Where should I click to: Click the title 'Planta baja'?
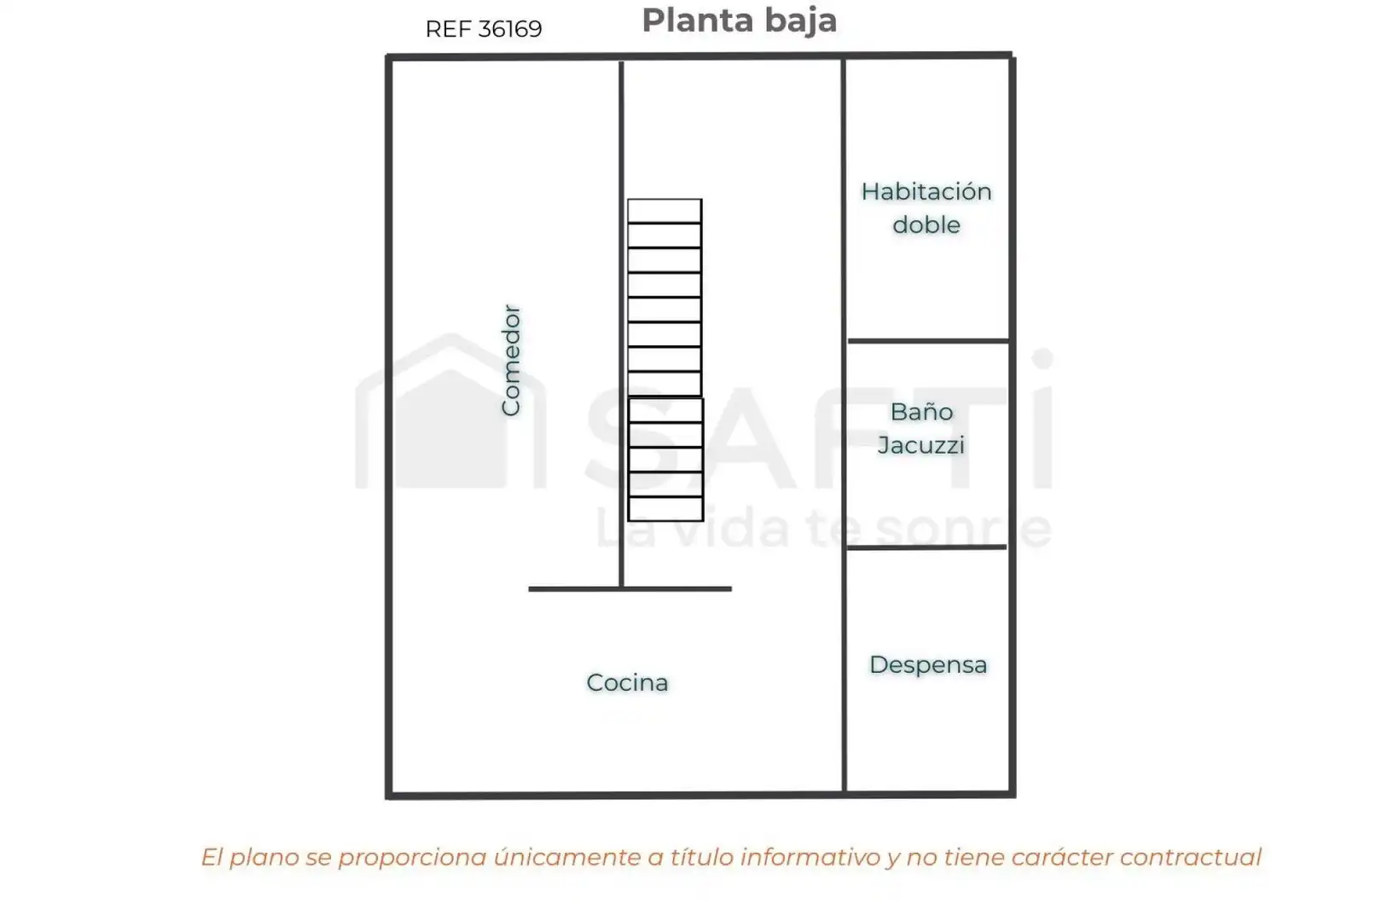click(739, 21)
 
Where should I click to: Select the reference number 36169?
click(510, 29)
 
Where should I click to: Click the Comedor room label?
click(511, 360)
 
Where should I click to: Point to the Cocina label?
click(627, 683)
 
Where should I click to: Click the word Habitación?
click(926, 192)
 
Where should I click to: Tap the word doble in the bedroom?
click(926, 224)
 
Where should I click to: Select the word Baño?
click(921, 411)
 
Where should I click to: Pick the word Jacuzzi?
click(921, 445)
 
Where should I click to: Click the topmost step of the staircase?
click(665, 211)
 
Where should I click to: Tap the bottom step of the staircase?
click(665, 509)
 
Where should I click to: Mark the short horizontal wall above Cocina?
click(630, 589)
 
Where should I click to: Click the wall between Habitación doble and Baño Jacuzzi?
click(928, 340)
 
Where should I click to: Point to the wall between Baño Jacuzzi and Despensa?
click(926, 547)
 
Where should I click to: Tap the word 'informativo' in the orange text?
click(810, 857)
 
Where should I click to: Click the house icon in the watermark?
click(451, 411)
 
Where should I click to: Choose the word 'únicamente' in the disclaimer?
click(567, 857)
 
